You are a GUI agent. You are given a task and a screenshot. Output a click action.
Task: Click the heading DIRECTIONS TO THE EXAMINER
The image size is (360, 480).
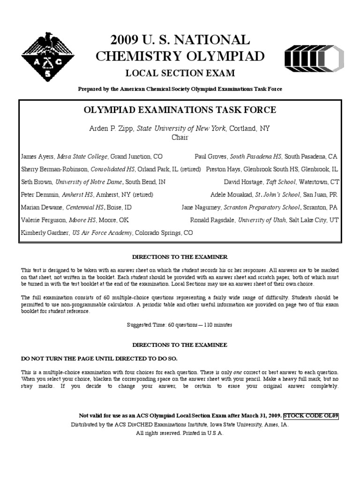tap(180, 257)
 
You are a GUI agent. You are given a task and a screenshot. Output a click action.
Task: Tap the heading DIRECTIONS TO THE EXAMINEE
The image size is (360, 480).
tap(180, 345)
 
